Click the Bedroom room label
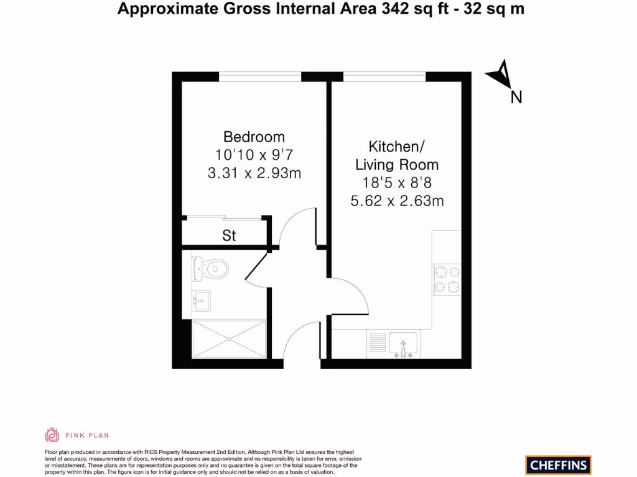tap(254, 137)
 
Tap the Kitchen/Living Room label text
tap(396, 155)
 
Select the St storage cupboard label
tap(229, 236)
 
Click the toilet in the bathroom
tap(210, 269)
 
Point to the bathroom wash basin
tap(201, 301)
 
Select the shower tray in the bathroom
tap(230, 339)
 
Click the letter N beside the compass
tap(516, 98)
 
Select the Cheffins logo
tap(558, 465)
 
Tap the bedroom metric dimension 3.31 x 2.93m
tap(254, 173)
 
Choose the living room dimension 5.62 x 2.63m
tap(396, 201)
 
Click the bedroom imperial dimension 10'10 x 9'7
tap(254, 155)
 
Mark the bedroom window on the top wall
tap(260, 76)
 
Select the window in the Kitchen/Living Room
tap(384, 76)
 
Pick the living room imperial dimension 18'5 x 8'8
tap(396, 183)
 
